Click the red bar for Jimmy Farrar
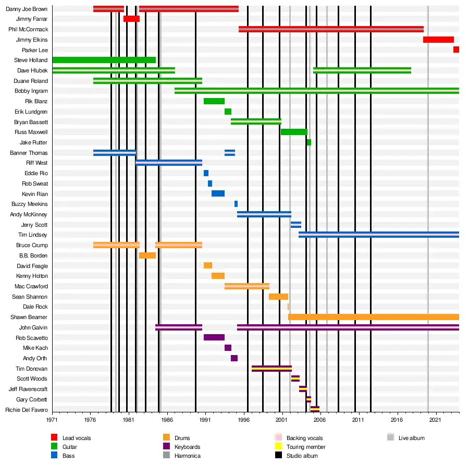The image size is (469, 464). point(131,19)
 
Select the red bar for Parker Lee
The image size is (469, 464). point(456,50)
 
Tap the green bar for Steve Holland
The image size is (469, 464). point(104,60)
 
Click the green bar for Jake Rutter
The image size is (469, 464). point(309,142)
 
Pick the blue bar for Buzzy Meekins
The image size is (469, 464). point(236,204)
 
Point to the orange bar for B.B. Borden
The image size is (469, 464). point(147,255)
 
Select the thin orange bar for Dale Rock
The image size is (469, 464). point(288,307)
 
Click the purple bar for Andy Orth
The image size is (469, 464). point(234,358)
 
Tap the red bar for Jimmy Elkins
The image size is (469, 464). point(438,40)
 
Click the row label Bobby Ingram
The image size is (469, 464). point(31,91)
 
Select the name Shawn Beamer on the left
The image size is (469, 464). point(29,317)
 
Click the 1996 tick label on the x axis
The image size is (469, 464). point(243,419)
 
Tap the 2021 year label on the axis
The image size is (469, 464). point(435,419)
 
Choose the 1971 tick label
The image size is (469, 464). point(52,419)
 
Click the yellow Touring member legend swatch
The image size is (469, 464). point(278,447)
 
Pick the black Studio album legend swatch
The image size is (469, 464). point(278,456)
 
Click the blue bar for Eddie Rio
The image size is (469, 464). point(206,173)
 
